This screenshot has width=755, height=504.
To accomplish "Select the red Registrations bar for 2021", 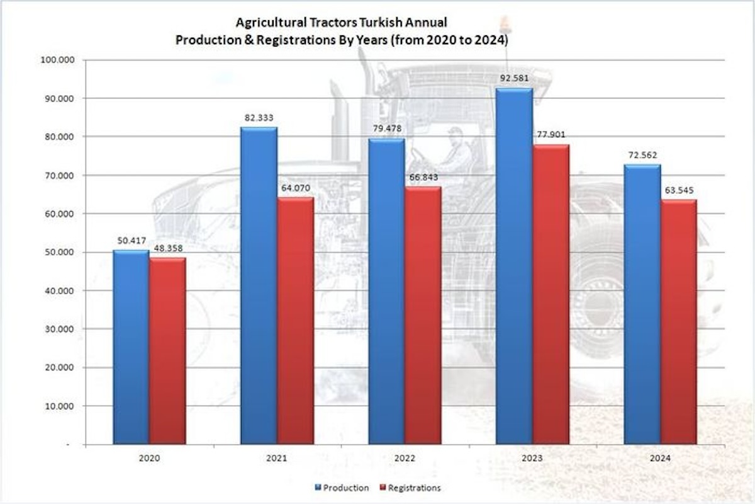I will point(296,321).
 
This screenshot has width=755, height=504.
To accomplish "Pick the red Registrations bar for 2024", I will point(678,321).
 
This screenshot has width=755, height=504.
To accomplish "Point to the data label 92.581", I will point(515,79).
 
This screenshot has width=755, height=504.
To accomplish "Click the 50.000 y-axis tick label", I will point(60,252).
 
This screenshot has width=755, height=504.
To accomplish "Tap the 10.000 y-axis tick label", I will point(60,406).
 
